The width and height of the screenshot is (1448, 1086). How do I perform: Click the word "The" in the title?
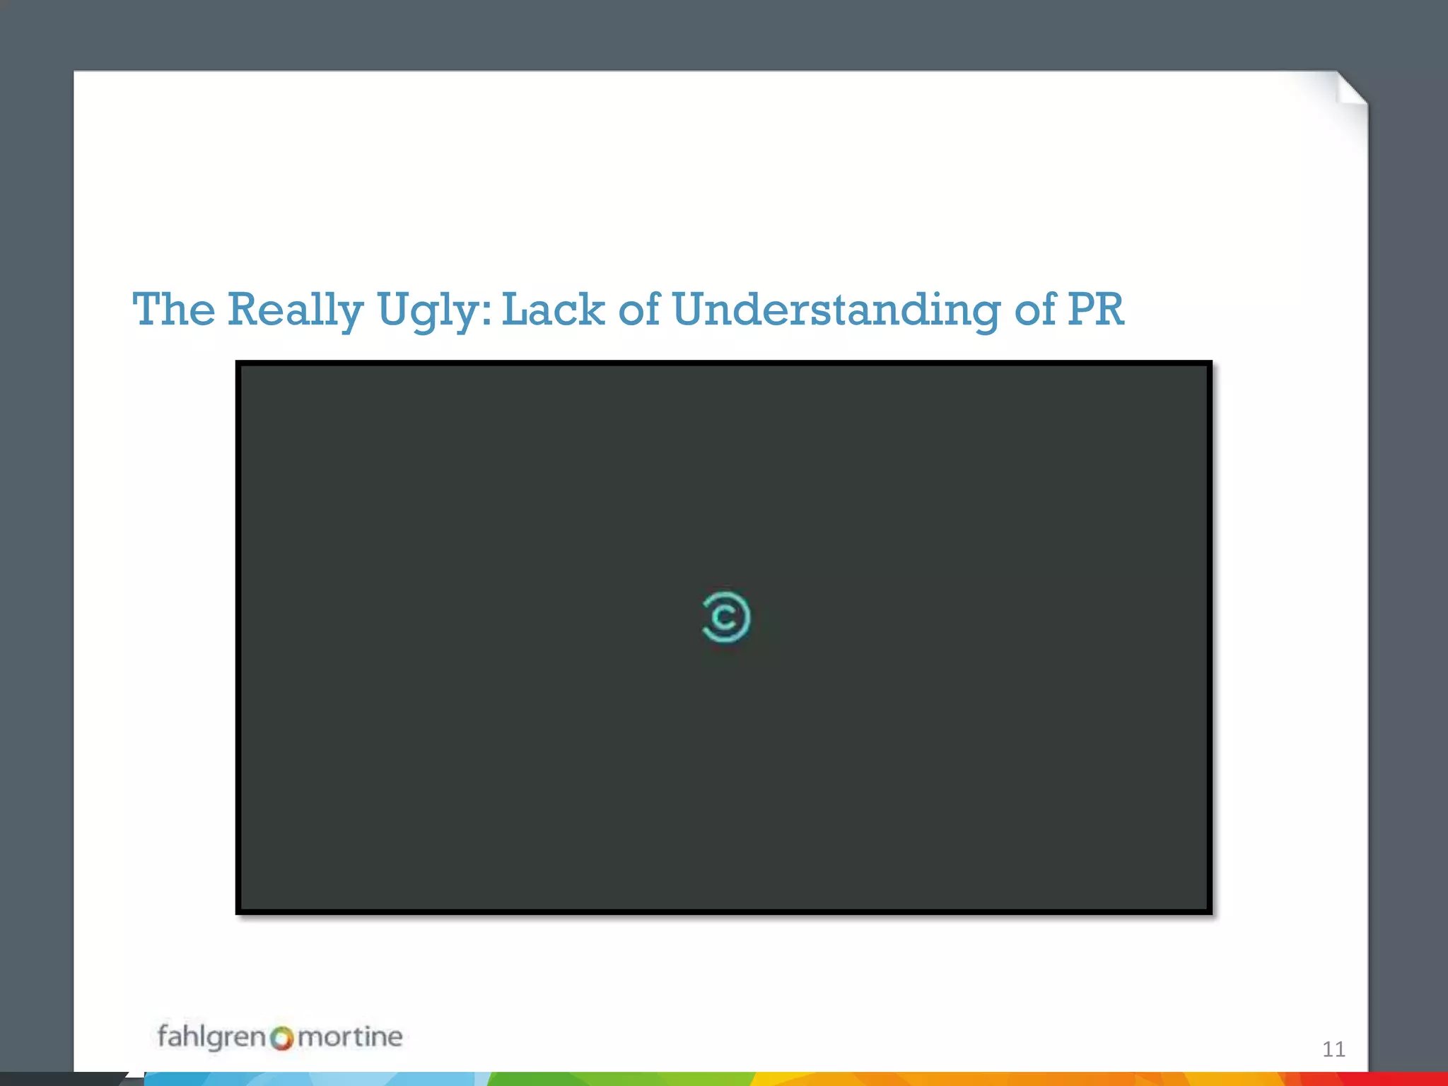click(x=174, y=310)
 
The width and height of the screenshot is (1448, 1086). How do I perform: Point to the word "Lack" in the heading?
click(x=553, y=310)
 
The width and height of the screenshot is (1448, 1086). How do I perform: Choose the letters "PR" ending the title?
click(x=1096, y=310)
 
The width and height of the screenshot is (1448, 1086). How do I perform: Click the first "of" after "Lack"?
click(x=639, y=310)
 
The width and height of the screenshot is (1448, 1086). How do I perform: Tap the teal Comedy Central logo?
click(x=725, y=617)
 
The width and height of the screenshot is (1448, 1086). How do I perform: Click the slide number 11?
click(x=1333, y=1049)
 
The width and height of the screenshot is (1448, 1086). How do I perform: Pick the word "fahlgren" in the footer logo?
click(x=211, y=1037)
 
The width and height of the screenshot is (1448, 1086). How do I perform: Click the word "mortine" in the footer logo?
click(x=350, y=1037)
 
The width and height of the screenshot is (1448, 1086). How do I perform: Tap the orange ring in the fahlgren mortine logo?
click(x=282, y=1039)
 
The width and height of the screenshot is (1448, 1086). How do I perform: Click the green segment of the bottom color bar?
click(x=615, y=1079)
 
